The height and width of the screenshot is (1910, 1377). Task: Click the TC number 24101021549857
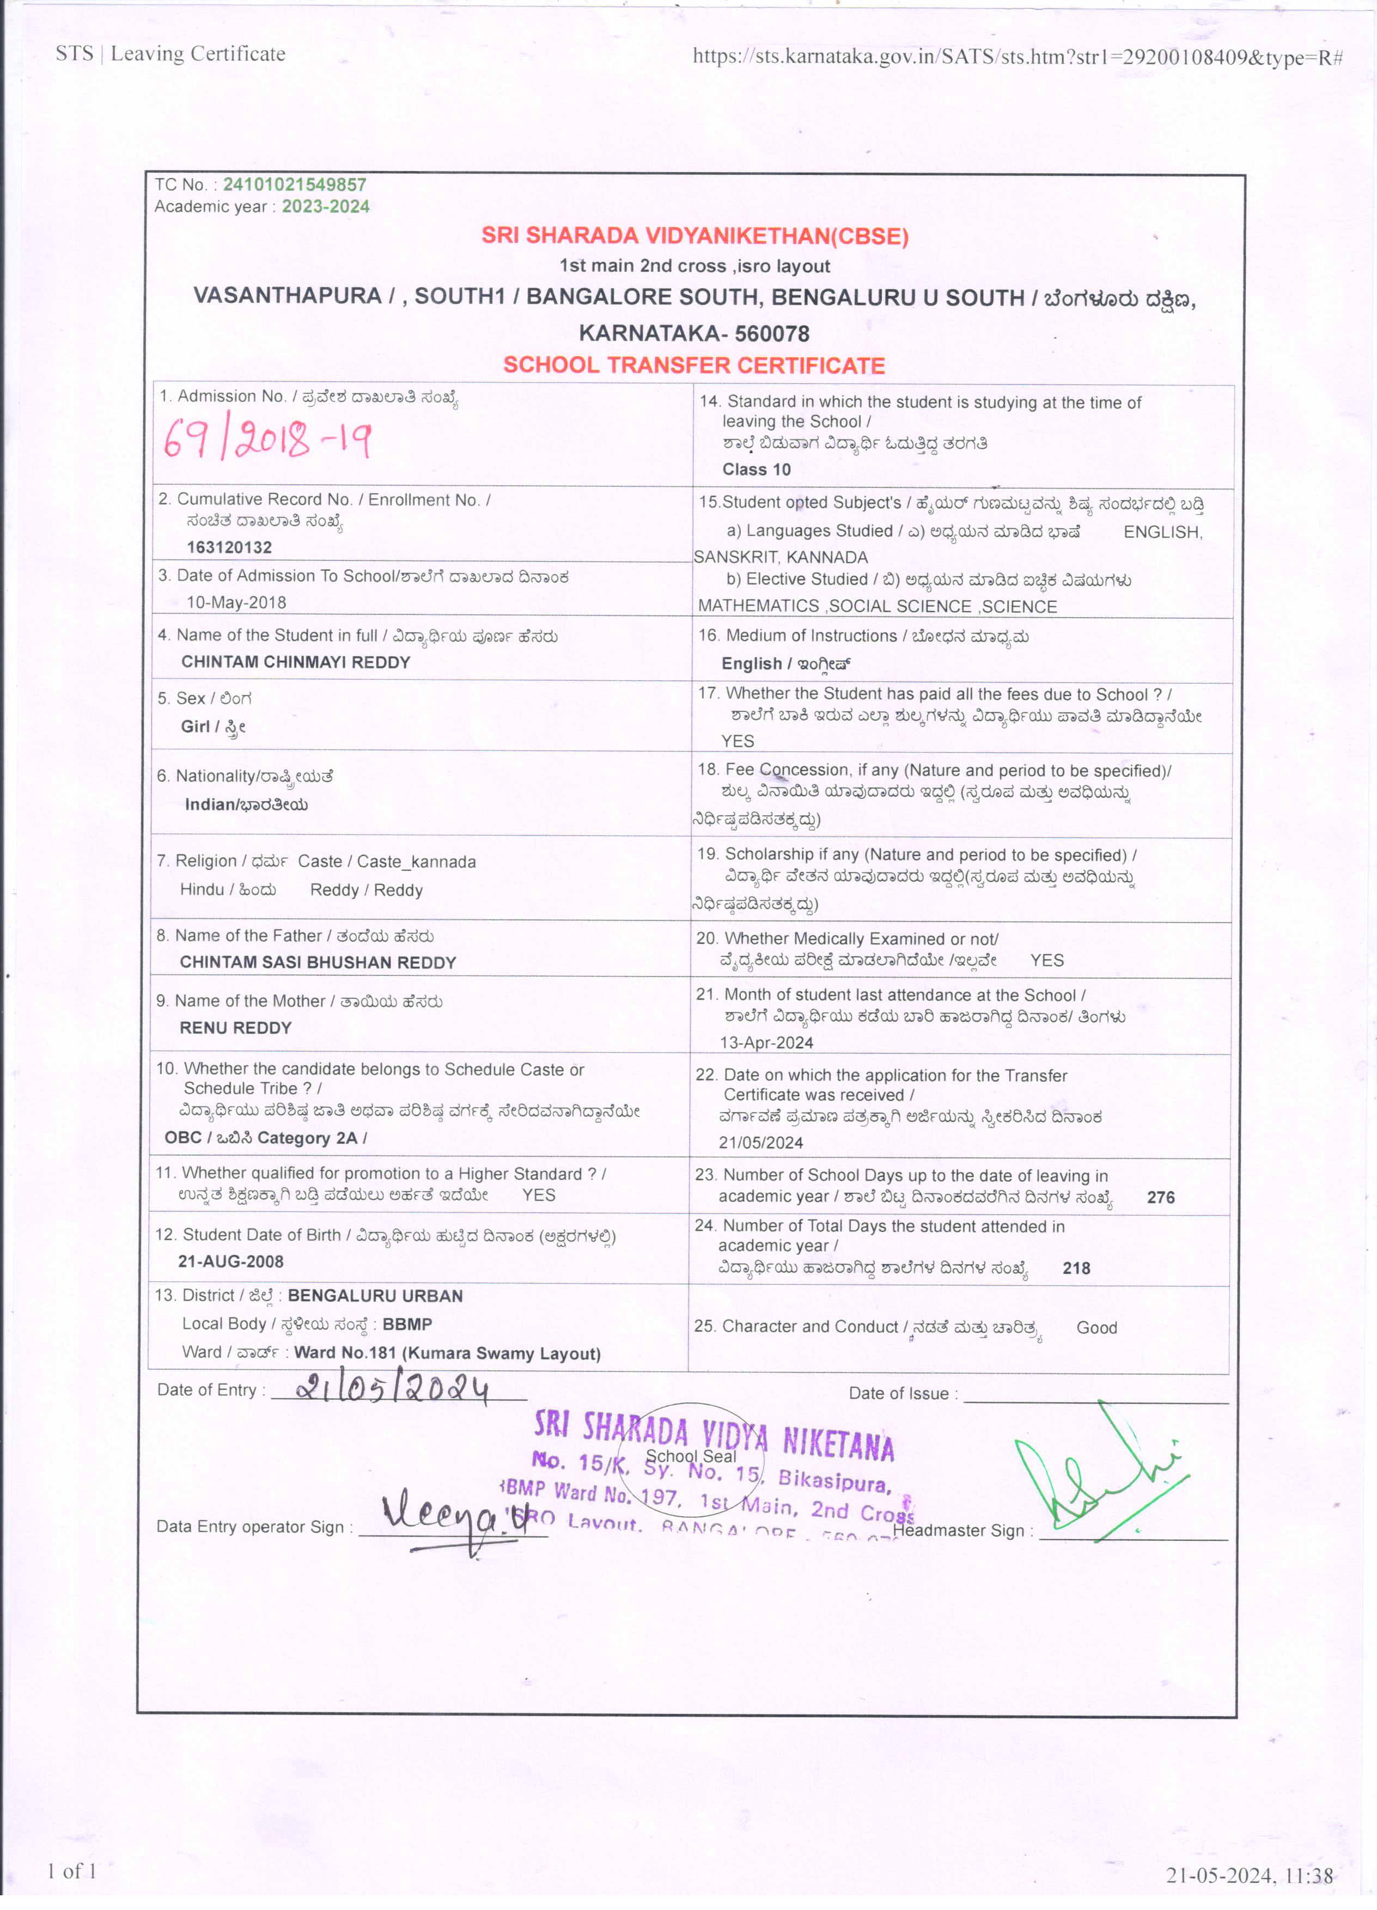pyautogui.click(x=294, y=185)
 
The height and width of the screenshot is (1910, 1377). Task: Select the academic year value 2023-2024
pyautogui.click(x=325, y=206)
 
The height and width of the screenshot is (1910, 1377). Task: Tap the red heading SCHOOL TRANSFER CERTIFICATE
pyautogui.click(x=694, y=365)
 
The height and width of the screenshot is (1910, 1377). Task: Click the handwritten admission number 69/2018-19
pyautogui.click(x=267, y=440)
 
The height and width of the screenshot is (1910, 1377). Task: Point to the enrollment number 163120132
pyautogui.click(x=229, y=547)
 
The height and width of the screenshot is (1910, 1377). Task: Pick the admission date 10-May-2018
pyautogui.click(x=236, y=602)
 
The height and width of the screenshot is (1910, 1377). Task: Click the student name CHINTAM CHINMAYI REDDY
pyautogui.click(x=296, y=662)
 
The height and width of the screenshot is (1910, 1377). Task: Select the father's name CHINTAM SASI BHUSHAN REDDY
pyautogui.click(x=318, y=962)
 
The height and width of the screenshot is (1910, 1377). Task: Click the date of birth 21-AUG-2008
pyautogui.click(x=231, y=1261)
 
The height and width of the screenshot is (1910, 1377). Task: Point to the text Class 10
pyautogui.click(x=756, y=469)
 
